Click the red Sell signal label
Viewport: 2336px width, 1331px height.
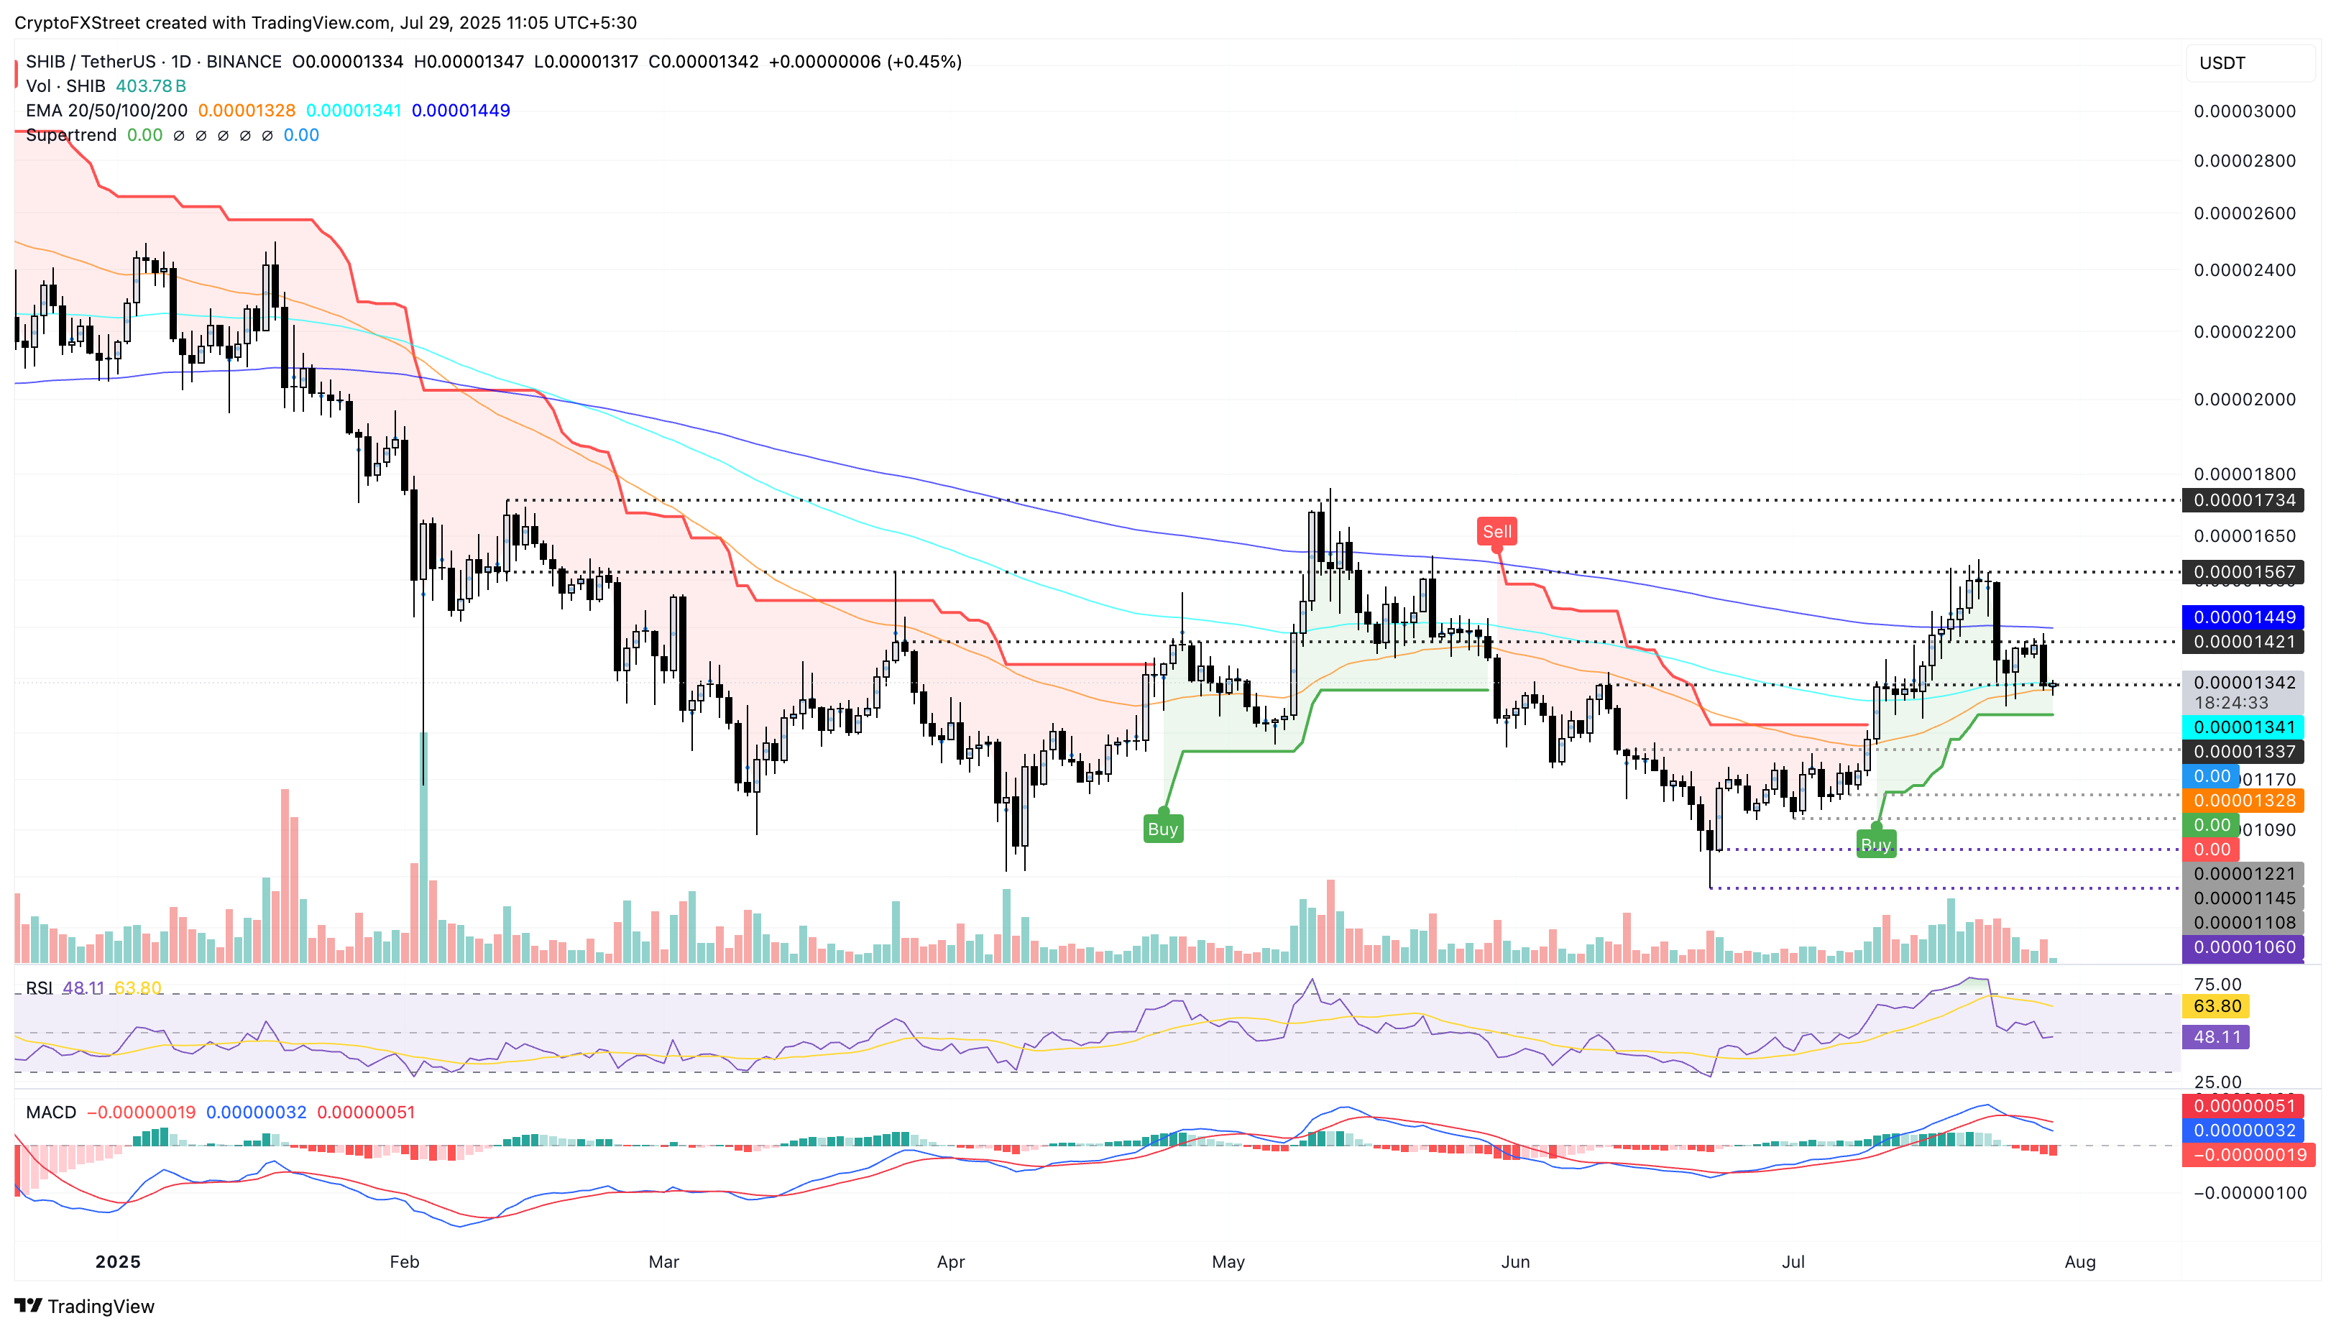(1496, 531)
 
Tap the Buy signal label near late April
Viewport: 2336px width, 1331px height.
(1162, 829)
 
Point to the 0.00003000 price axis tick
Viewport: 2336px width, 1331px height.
(2244, 111)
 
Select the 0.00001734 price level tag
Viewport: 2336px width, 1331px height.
(2244, 500)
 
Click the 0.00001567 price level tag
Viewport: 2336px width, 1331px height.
(2244, 572)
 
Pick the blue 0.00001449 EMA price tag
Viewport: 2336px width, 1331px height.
(2244, 617)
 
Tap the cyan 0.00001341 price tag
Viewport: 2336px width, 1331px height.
(2244, 727)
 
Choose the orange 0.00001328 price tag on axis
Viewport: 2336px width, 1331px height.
(2244, 801)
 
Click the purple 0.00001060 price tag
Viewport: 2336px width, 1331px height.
(2244, 947)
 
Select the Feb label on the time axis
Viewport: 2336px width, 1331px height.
(404, 1261)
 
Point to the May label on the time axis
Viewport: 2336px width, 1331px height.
(1228, 1261)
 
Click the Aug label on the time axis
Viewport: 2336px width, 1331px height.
(2079, 1261)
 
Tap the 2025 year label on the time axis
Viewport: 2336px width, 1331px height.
(118, 1261)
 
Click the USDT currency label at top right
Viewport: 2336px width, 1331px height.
(2222, 63)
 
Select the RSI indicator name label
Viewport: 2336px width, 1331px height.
(38, 988)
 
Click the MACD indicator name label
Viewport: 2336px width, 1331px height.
(51, 1113)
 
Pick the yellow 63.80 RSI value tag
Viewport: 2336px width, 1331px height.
(2216, 1006)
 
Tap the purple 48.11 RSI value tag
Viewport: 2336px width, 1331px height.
(2216, 1036)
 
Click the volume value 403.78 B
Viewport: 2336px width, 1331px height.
(151, 86)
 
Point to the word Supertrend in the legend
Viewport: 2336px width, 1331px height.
(71, 135)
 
